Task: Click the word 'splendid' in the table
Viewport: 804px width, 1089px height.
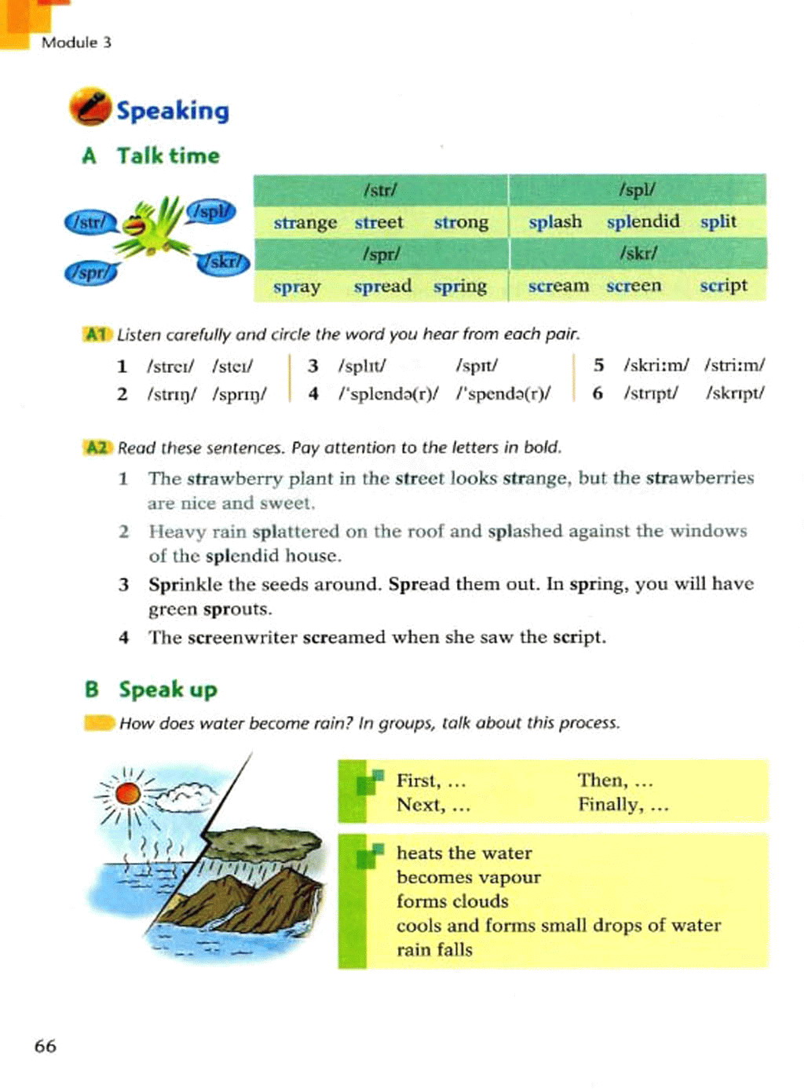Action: [642, 221]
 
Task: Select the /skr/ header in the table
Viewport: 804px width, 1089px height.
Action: [638, 254]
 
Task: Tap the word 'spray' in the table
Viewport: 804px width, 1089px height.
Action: [296, 287]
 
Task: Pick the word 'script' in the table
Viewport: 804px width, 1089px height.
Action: [723, 286]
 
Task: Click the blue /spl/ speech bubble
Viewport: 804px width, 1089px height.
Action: [210, 211]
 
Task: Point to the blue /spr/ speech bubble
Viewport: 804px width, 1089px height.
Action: [90, 272]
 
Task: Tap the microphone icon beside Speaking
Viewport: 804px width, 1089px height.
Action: [90, 108]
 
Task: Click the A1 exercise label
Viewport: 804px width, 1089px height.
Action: [96, 334]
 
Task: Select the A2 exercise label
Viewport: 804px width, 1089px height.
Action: [97, 448]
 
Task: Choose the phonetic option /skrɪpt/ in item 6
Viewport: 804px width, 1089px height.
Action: [734, 393]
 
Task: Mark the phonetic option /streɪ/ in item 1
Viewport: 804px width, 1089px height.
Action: [170, 366]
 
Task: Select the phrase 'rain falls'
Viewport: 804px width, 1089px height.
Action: [434, 950]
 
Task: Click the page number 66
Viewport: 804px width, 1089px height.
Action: [46, 1046]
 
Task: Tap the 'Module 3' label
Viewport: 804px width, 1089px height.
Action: [76, 42]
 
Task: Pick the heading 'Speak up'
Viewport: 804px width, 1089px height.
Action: [167, 689]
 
